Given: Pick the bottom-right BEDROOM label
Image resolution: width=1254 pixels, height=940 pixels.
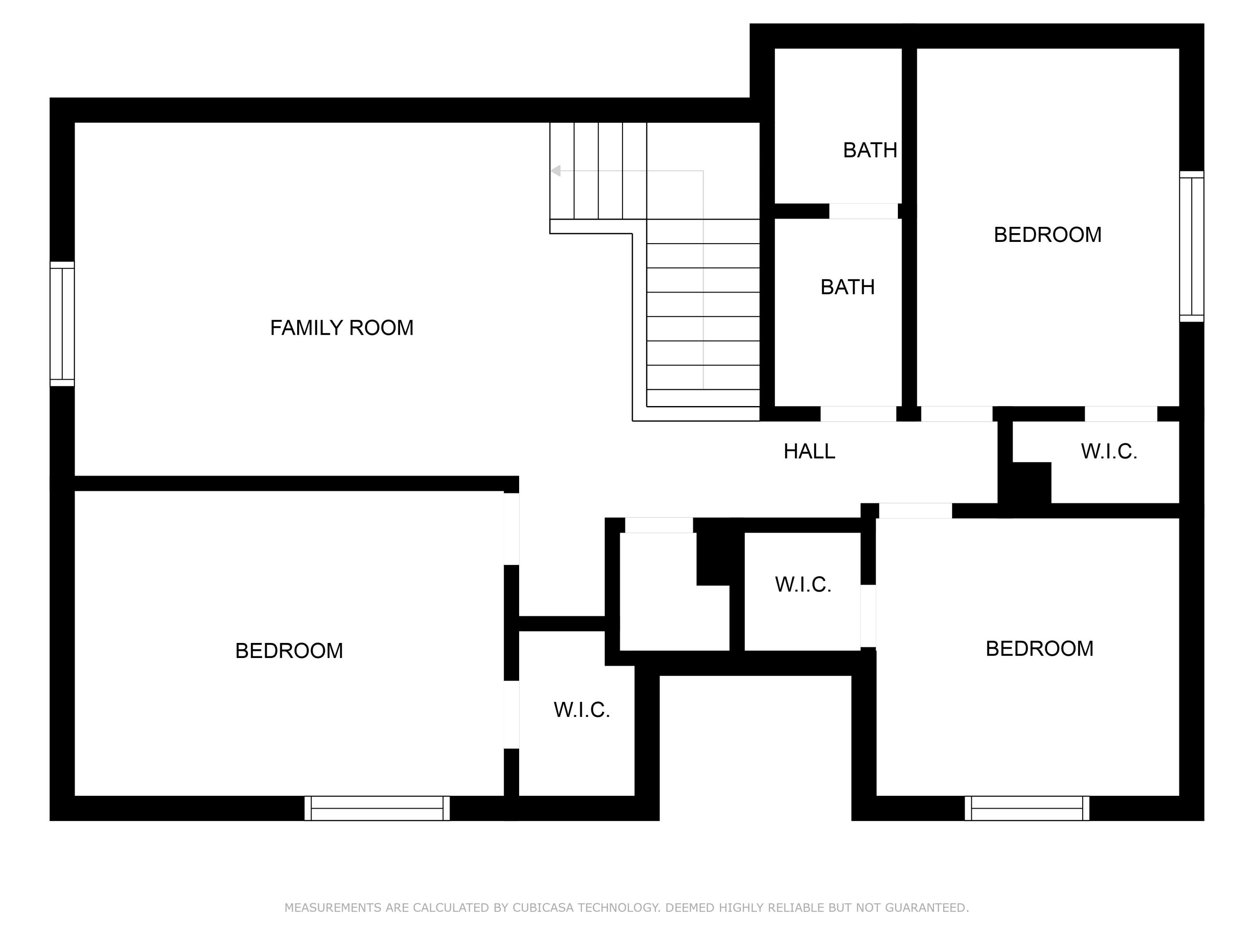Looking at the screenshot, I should click(1039, 649).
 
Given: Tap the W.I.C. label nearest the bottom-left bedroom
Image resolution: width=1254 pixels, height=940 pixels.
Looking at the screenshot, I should click(582, 710).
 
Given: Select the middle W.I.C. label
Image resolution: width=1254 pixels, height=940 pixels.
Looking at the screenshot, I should click(803, 585).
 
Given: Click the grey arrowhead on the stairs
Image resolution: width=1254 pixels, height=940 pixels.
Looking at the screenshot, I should click(556, 170).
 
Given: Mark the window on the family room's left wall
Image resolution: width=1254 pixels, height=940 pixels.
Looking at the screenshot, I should click(62, 324).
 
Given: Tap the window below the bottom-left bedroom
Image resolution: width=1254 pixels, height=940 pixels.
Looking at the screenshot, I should click(377, 808).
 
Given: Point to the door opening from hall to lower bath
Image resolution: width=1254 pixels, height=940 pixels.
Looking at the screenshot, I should click(858, 414).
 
